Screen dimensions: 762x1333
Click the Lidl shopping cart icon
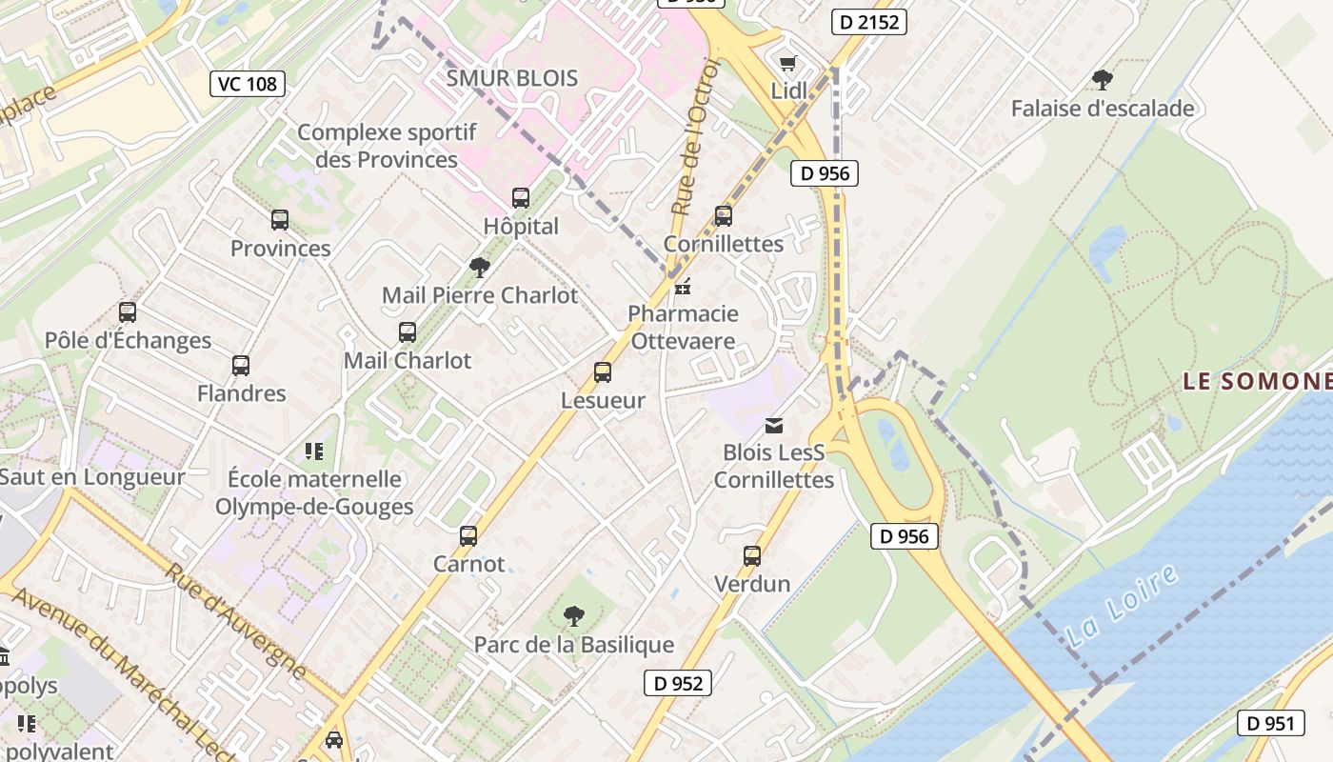pos(787,64)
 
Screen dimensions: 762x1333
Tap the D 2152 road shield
pos(867,22)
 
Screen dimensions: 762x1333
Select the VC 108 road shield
pos(248,84)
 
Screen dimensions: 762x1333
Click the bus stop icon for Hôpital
pos(521,198)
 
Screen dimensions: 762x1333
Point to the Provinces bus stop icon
pos(280,220)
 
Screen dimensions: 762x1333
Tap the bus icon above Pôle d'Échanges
pos(128,311)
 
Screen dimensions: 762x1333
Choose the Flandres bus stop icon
pos(241,365)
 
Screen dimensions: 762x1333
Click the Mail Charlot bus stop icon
pos(408,332)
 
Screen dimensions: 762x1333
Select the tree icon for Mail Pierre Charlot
pos(480,268)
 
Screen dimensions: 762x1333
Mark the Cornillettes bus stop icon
pos(724,216)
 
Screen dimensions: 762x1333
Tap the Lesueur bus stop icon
pos(603,372)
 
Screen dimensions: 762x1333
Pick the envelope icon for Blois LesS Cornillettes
pos(774,425)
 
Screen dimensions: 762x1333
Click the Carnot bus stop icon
pos(468,535)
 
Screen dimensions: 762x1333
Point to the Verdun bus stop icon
pos(752,555)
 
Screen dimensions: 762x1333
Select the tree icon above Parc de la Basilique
pos(573,616)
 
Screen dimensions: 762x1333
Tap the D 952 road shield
pos(679,683)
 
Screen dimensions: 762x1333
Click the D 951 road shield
pos(1270,723)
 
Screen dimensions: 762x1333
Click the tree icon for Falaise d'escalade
pos(1103,79)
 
